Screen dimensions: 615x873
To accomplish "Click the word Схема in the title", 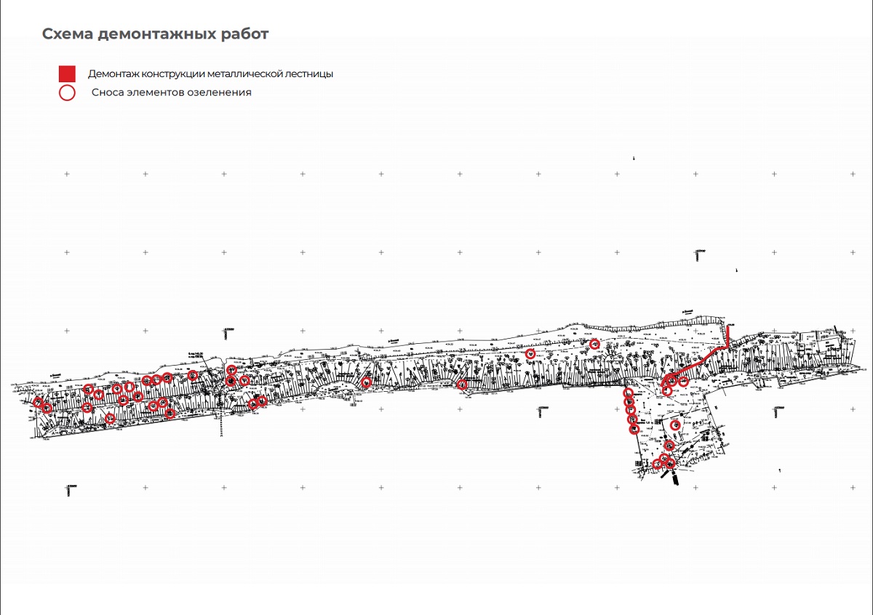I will (66, 34).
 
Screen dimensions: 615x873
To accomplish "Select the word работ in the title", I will (246, 34).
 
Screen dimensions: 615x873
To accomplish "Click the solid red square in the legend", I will (67, 73).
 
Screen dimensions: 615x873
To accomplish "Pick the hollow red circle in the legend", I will (67, 92).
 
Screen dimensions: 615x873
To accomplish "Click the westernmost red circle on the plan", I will (38, 402).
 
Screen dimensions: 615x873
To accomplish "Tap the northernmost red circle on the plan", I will (594, 344).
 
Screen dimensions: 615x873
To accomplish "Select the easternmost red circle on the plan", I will (684, 381).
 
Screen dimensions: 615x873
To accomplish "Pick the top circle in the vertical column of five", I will (628, 393).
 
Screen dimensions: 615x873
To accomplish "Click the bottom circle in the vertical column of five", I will (634, 429).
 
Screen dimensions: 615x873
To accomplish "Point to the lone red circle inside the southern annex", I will (675, 425).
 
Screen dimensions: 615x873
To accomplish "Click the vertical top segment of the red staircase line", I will (730, 336).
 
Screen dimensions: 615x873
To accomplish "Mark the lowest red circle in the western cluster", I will (109, 418).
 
